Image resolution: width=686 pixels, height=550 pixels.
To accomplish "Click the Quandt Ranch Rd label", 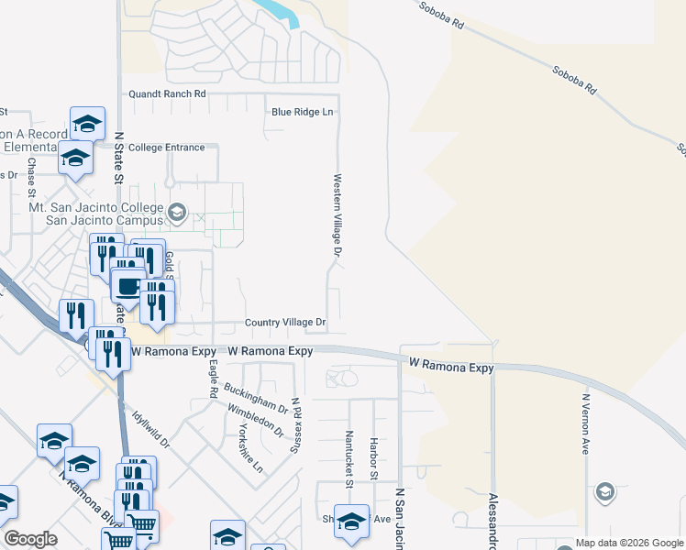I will (167, 93).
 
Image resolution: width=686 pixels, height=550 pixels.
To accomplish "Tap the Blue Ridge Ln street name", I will (302, 112).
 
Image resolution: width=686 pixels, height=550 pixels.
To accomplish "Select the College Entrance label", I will (167, 147).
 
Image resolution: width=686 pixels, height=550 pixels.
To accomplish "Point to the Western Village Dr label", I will (337, 215).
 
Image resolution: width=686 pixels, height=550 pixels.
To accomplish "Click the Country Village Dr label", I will (285, 323).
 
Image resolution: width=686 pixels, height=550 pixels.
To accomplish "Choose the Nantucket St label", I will (349, 455).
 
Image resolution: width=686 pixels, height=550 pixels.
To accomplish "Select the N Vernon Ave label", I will (584, 424).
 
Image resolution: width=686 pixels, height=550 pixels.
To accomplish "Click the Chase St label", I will (31, 178).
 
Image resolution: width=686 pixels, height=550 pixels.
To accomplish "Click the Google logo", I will (30, 539).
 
